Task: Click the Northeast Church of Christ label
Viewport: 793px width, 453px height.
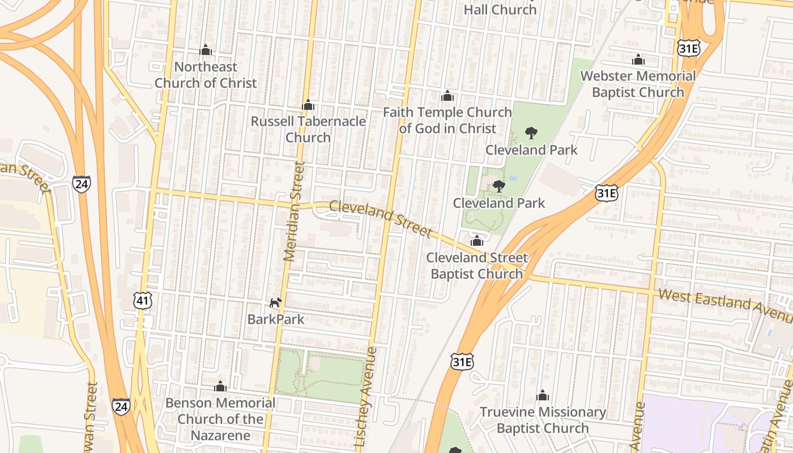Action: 206,75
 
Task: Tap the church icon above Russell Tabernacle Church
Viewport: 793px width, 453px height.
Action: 308,105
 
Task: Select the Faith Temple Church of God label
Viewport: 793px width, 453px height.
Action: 447,120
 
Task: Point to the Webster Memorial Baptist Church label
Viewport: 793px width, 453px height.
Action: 638,84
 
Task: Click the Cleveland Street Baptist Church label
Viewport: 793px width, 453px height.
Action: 477,266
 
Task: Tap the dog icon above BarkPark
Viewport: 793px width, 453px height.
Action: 275,303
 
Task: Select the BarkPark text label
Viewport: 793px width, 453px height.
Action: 276,319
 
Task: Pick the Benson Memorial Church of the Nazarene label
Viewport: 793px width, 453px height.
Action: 220,419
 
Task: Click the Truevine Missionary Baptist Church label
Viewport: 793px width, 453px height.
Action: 543,420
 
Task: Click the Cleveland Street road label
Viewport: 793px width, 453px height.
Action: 381,219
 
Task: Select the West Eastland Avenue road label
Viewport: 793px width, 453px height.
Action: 725,300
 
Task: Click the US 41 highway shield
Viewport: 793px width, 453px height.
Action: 143,301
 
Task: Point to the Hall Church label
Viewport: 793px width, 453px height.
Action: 500,10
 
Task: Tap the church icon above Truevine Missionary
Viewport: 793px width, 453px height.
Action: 543,395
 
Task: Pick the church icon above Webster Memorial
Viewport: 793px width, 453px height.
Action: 638,59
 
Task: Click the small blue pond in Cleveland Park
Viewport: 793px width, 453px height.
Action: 513,178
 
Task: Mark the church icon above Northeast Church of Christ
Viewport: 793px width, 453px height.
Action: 206,50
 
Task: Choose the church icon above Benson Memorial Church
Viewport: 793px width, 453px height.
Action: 220,387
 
